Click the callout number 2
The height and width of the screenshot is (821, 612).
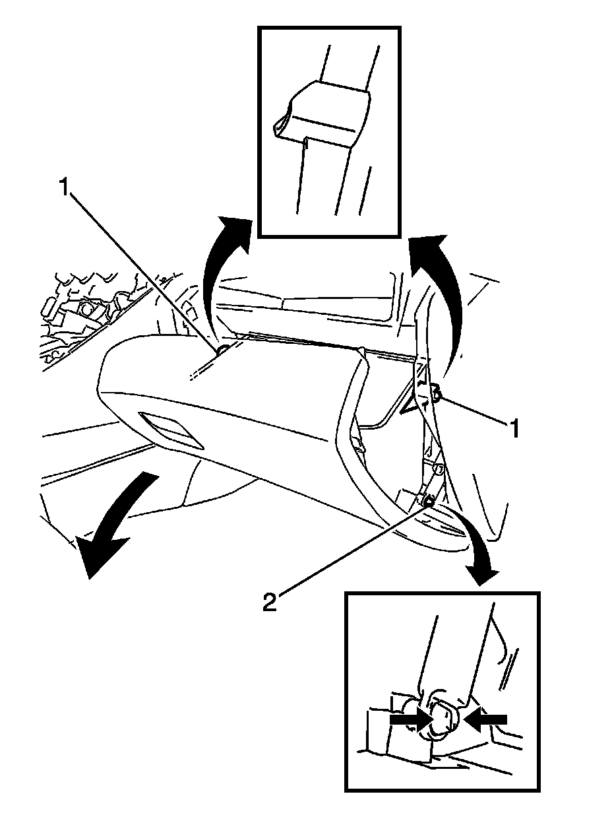269,603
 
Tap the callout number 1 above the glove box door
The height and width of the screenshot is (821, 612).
64,188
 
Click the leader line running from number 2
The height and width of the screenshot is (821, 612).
350,551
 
